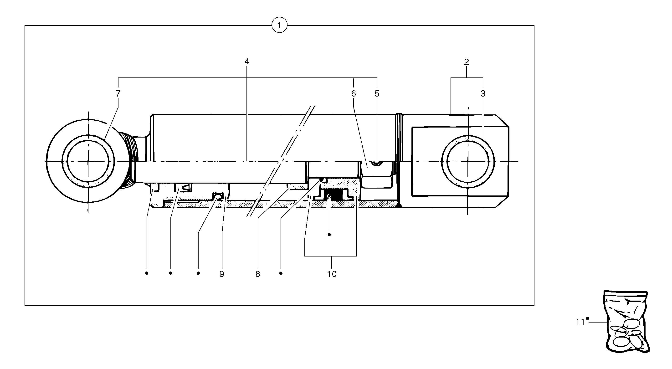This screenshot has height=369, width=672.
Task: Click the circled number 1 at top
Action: click(279, 25)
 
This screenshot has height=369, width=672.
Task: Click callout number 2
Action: click(467, 62)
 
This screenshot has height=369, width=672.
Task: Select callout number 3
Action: click(483, 94)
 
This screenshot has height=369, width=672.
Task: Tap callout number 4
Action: click(247, 62)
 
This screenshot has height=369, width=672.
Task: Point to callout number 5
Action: click(377, 94)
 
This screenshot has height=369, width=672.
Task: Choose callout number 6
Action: click(354, 94)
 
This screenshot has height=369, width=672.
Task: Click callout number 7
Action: click(118, 94)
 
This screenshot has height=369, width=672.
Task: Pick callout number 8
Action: click(258, 274)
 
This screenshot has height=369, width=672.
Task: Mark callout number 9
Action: click(222, 274)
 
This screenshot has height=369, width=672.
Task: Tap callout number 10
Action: click(332, 274)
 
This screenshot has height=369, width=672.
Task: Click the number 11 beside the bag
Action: click(580, 322)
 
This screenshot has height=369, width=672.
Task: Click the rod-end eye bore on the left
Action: click(88, 162)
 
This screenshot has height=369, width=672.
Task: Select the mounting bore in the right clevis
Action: click(468, 162)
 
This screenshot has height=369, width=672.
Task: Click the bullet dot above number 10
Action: click(329, 234)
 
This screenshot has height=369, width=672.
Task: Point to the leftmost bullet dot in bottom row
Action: click(147, 273)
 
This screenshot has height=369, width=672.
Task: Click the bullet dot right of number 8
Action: click(281, 273)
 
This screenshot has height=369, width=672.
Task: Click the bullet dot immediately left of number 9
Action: click(198, 273)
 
